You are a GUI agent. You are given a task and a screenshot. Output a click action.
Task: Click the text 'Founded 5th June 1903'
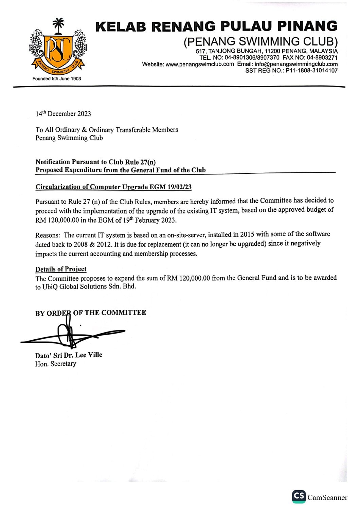57,79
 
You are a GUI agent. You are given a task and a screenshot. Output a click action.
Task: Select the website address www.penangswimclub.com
200,64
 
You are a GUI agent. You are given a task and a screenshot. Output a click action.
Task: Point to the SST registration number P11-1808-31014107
311,71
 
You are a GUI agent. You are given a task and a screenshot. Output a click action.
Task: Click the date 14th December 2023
63,114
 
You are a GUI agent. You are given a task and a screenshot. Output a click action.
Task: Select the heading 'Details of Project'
61,269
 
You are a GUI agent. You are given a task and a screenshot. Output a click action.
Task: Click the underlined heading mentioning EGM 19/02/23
113,187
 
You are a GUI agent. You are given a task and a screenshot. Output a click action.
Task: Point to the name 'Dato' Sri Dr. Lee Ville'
69,355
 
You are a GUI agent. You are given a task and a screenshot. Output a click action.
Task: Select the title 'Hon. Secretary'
56,364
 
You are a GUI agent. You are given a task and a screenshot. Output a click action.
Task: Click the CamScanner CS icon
299,496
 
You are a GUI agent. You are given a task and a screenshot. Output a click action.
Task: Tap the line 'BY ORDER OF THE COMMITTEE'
91,313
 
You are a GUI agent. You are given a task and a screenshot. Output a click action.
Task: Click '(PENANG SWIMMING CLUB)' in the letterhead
260,41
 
